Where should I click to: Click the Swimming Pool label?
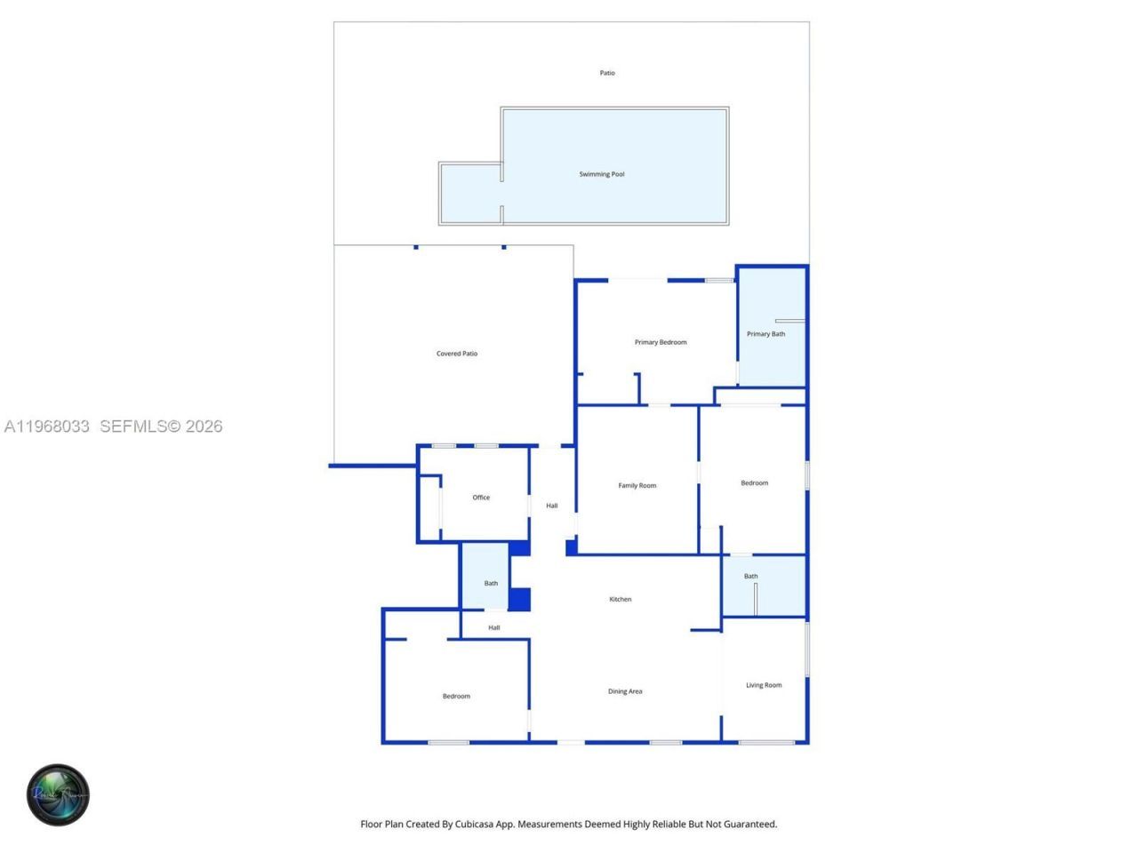[602, 174]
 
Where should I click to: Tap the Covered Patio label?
[457, 354]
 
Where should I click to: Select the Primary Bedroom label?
[661, 342]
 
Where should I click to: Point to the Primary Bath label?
[765, 334]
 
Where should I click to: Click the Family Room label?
[637, 485]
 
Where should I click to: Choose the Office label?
[481, 498]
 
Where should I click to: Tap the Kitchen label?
[621, 599]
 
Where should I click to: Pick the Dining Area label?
[625, 691]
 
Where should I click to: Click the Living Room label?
[764, 685]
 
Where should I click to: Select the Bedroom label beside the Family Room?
[755, 483]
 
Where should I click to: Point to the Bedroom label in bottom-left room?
[456, 696]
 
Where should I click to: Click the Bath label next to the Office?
[491, 584]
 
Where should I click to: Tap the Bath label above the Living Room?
[751, 576]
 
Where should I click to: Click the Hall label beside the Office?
[552, 506]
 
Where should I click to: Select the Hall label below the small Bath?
[494, 627]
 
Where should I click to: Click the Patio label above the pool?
[607, 73]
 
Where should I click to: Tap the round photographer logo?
[58, 794]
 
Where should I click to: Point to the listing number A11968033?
[47, 426]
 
